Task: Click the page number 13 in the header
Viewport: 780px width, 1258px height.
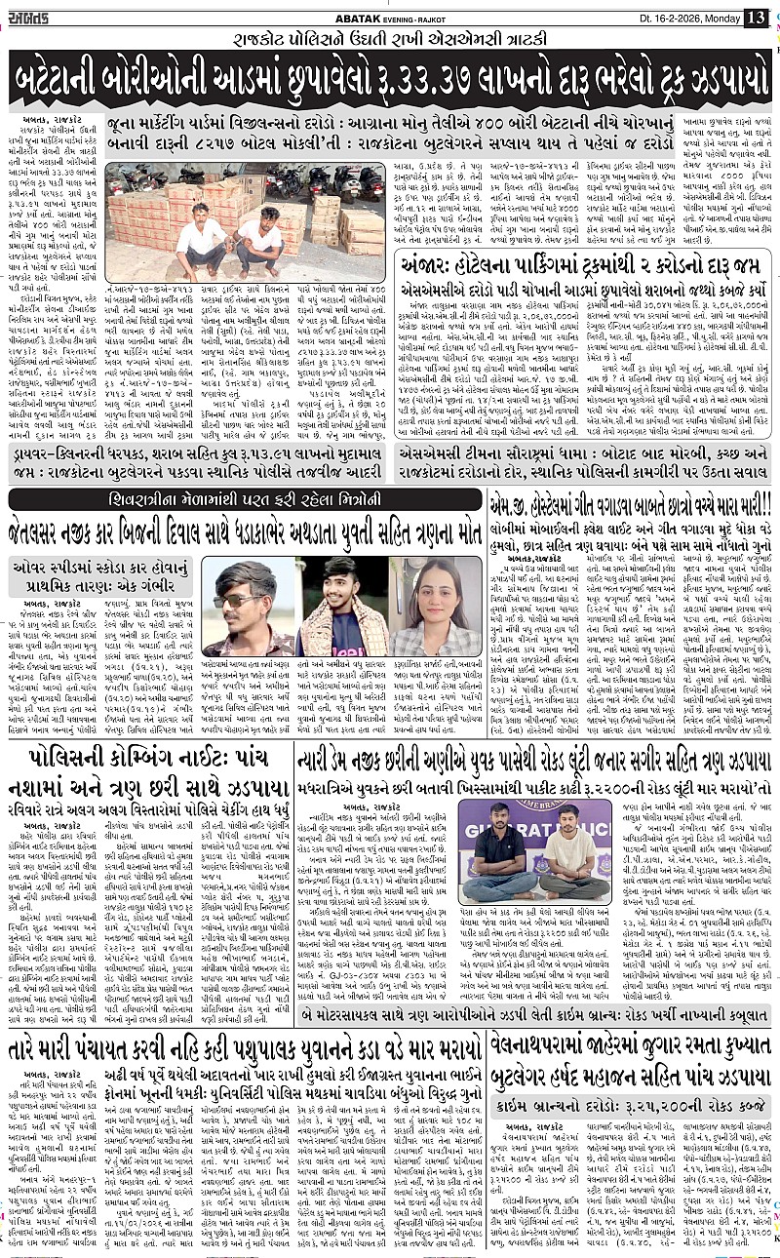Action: tap(756, 17)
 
